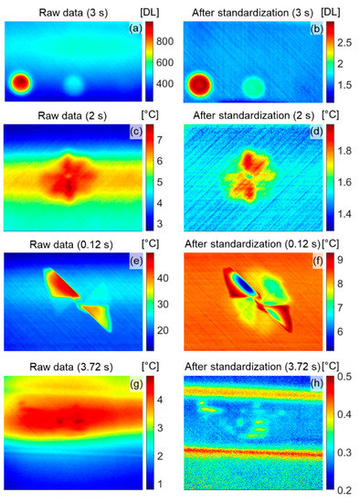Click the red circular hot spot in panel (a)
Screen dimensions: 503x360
click(x=19, y=84)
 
